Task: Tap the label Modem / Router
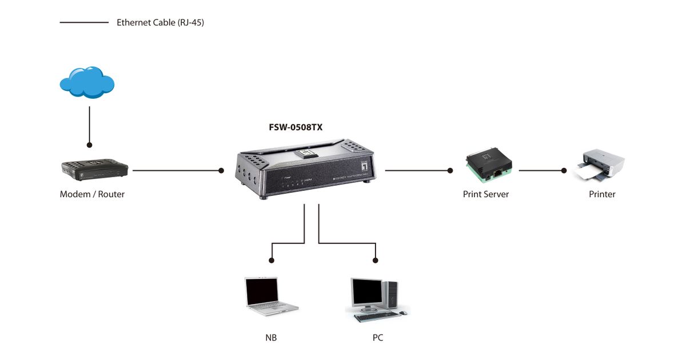click(92, 194)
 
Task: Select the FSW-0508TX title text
click(296, 127)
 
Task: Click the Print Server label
click(485, 194)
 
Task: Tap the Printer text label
click(602, 194)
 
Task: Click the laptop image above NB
click(269, 297)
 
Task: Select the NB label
click(271, 338)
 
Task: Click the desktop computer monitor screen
click(366, 293)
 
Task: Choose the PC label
click(377, 338)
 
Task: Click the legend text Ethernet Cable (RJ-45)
click(160, 23)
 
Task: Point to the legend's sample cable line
click(84, 23)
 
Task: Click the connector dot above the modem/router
click(90, 145)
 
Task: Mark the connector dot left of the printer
click(564, 170)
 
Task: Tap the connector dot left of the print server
click(450, 170)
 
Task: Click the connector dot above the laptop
click(272, 260)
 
